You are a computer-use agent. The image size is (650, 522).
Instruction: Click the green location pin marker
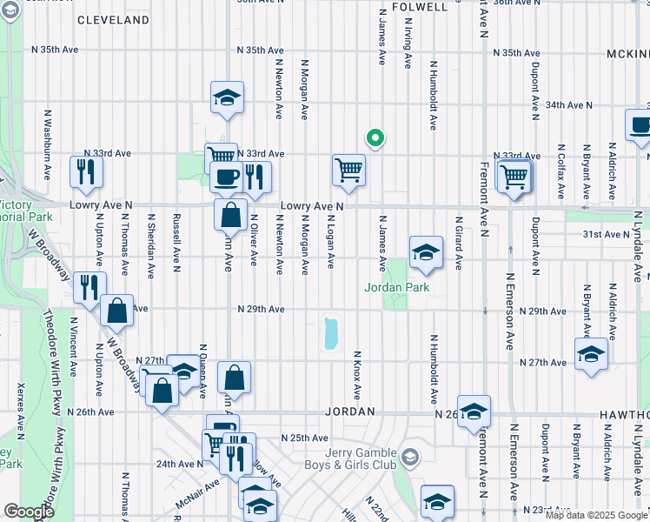click(x=375, y=138)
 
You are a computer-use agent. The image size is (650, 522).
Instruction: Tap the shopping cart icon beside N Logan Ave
click(x=348, y=170)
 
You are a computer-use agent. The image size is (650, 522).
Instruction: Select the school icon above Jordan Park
click(x=425, y=253)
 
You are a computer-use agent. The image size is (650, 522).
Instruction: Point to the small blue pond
click(x=331, y=333)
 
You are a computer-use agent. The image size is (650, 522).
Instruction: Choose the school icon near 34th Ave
click(x=227, y=98)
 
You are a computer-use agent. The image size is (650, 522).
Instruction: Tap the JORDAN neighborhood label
click(x=350, y=411)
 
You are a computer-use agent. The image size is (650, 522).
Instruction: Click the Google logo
click(x=29, y=512)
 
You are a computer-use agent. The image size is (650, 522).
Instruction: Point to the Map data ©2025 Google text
click(x=595, y=515)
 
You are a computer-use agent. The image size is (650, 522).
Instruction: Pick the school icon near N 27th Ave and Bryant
click(x=591, y=356)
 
